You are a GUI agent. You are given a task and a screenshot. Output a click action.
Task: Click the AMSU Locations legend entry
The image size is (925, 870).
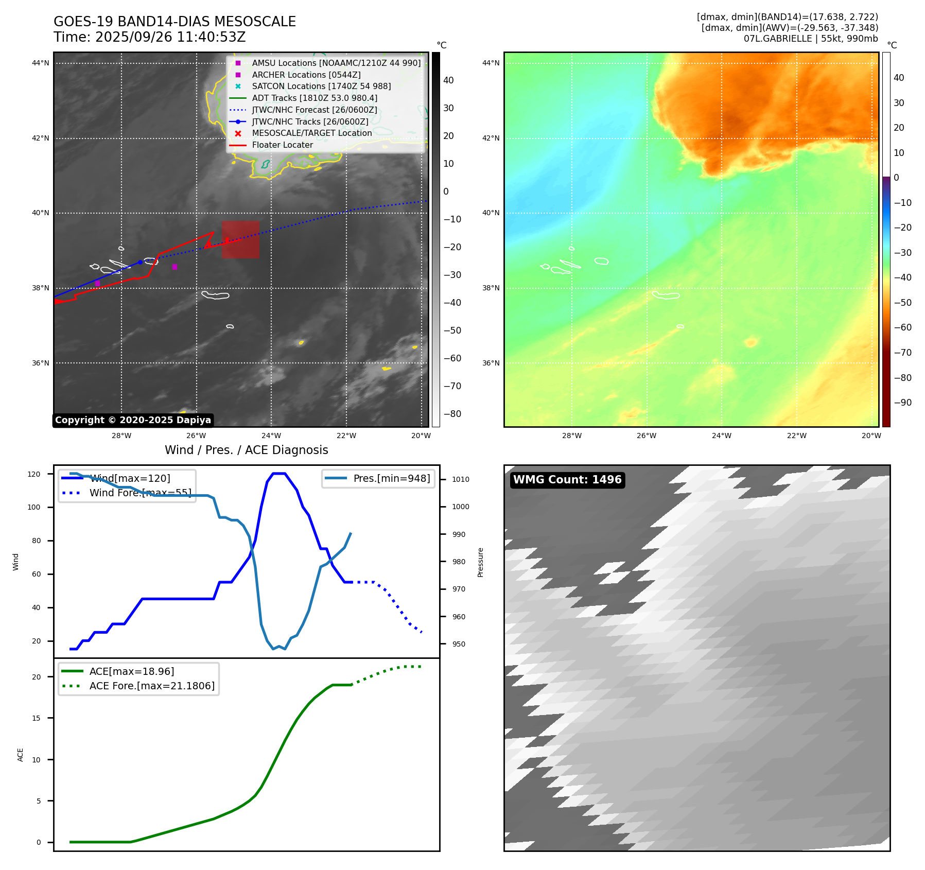click(x=336, y=63)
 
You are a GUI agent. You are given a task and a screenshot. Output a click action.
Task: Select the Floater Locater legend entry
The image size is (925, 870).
click(x=282, y=145)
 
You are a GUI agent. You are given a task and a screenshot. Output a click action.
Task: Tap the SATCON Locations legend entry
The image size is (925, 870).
click(x=321, y=86)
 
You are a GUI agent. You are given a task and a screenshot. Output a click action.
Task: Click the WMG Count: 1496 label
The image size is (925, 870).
click(x=567, y=480)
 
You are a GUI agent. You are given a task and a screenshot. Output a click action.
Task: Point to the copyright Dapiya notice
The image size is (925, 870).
click(x=133, y=420)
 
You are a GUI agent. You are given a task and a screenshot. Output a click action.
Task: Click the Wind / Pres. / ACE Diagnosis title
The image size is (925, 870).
click(x=246, y=450)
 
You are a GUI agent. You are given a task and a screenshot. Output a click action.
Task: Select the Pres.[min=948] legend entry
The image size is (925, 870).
click(x=391, y=478)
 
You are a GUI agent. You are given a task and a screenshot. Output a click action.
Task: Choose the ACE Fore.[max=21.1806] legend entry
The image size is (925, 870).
click(x=152, y=686)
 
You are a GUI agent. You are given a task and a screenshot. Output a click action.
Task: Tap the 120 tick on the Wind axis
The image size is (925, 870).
click(x=34, y=474)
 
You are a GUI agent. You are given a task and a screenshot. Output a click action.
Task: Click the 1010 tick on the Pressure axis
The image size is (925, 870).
click(x=461, y=479)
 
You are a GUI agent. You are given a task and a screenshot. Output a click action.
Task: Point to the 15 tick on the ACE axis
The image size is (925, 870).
click(x=36, y=718)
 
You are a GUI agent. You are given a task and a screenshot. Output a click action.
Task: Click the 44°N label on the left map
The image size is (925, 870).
click(x=41, y=63)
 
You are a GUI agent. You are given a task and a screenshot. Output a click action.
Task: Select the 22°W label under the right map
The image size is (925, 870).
click(x=796, y=436)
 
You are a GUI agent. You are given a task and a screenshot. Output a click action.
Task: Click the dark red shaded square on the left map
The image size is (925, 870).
click(x=241, y=240)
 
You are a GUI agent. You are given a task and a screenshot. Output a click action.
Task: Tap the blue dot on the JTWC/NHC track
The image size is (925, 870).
click(x=140, y=262)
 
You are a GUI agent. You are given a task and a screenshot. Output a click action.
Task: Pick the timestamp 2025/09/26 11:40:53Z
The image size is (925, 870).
click(x=170, y=38)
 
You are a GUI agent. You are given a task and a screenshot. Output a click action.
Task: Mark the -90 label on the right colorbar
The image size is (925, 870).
click(x=902, y=403)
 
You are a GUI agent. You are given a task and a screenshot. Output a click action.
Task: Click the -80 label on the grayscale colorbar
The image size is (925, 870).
click(x=452, y=414)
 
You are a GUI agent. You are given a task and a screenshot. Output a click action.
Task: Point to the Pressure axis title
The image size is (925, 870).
click(x=480, y=562)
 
